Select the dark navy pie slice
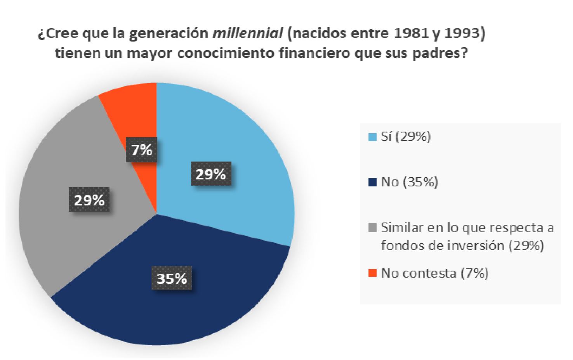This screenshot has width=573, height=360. coord(171,307)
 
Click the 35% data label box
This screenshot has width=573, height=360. coord(172,278)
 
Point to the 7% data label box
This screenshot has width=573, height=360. coord(142,150)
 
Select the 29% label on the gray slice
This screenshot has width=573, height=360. coord(89,200)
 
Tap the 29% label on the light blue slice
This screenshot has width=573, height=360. coord(211,174)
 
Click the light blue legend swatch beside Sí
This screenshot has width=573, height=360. coord(372,137)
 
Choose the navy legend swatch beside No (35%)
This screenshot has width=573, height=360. coord(372,182)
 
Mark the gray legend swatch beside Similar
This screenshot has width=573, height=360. coord(372,228)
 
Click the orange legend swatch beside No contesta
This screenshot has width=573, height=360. coord(372,273)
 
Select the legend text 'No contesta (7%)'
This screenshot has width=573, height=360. coord(434,273)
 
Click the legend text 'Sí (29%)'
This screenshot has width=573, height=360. coord(406,137)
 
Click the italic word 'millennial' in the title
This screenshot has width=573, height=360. coord(248,34)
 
